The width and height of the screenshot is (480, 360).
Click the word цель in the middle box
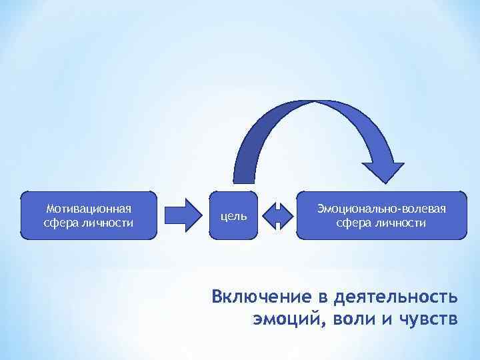click(233, 215)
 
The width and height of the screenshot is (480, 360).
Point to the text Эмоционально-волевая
click(381, 209)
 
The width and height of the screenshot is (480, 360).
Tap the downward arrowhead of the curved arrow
click(383, 171)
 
